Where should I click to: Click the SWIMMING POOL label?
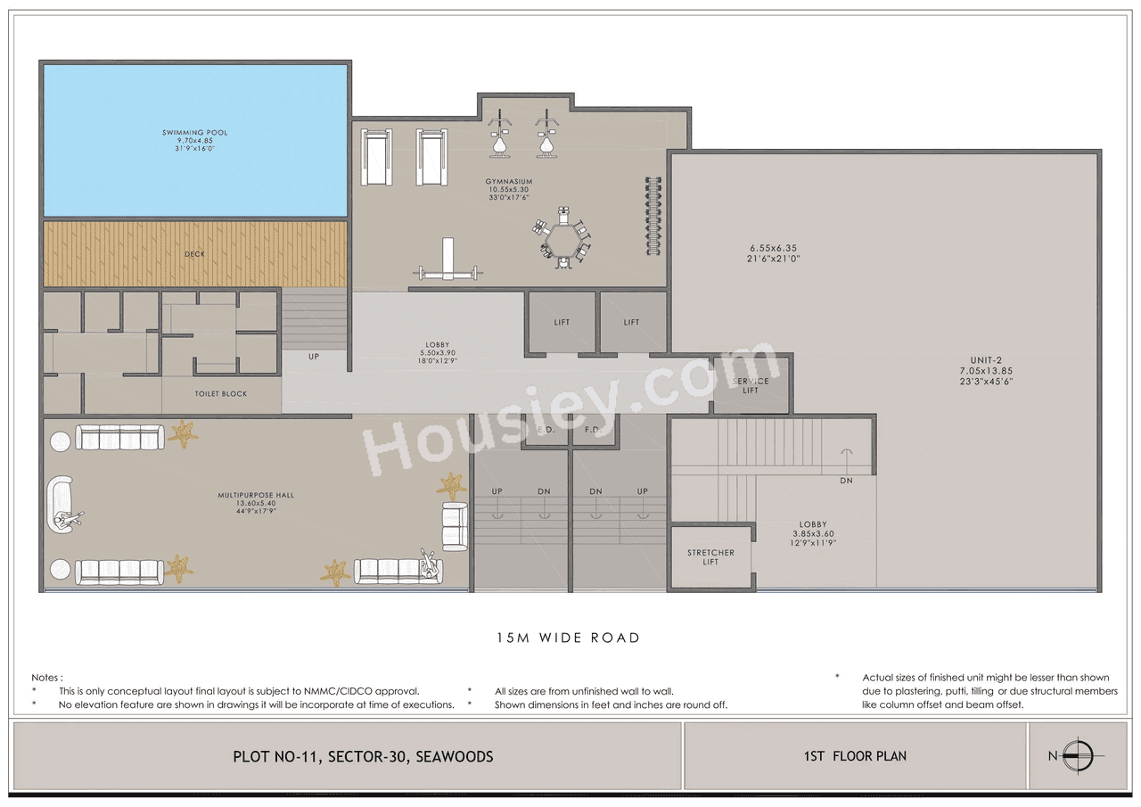(194, 133)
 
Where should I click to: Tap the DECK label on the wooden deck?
(194, 254)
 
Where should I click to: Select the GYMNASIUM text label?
(509, 182)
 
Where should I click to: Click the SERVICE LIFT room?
(750, 385)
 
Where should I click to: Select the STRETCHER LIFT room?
(710, 557)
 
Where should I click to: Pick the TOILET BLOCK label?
(221, 393)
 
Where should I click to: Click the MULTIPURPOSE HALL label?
(256, 495)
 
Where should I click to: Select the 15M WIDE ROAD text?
(568, 638)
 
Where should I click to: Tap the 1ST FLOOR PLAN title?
(854, 756)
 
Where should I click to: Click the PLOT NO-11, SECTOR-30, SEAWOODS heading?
(363, 756)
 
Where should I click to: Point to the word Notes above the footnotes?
(47, 678)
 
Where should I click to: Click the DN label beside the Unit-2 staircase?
(845, 481)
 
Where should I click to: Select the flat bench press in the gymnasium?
(446, 268)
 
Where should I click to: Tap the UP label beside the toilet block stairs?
(314, 356)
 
